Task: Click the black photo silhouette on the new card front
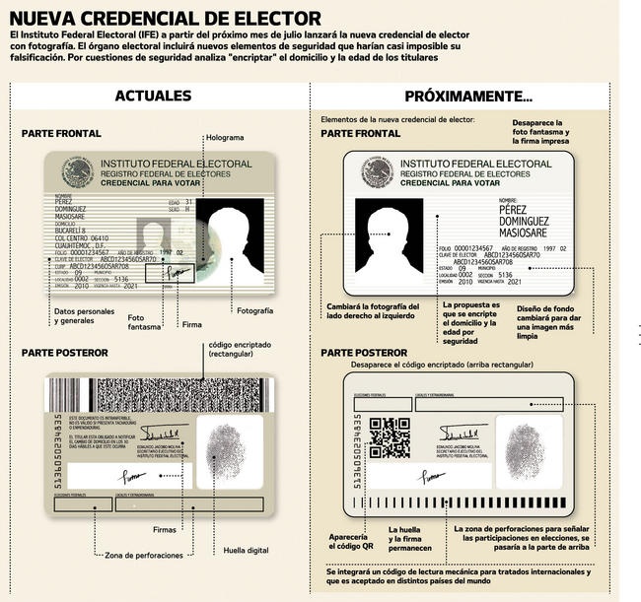tap(392, 241)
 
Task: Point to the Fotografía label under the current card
tap(254, 311)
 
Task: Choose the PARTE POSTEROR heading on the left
tap(64, 353)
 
